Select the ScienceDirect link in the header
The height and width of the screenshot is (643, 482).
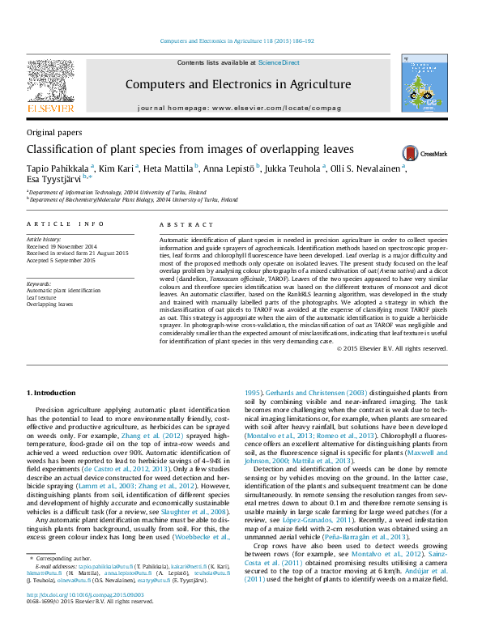tap(279, 62)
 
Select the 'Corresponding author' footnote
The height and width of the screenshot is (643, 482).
tap(65, 581)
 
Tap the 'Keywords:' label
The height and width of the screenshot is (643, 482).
tap(39, 283)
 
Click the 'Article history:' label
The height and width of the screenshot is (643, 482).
tap(45, 241)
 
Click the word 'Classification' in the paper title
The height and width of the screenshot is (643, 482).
tap(58, 150)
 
